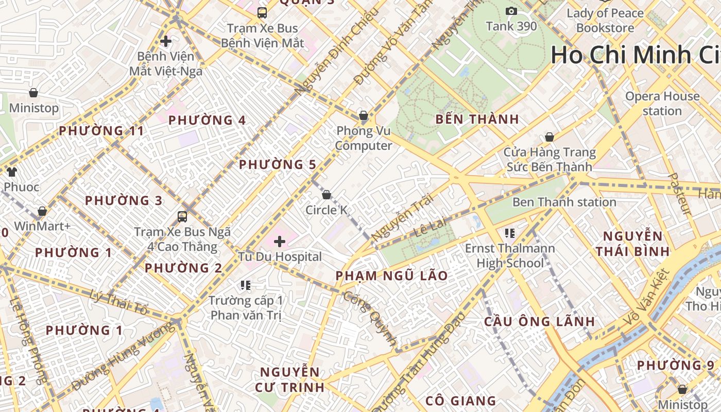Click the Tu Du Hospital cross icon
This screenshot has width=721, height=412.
280,241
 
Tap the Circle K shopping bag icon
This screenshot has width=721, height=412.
326,195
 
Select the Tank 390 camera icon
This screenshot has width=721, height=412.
511,11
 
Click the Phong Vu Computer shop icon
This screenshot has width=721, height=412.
364,115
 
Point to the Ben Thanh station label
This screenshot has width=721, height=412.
564,202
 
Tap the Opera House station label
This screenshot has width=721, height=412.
662,104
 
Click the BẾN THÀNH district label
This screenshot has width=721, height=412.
477,119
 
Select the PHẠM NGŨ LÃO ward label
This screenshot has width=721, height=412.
391,276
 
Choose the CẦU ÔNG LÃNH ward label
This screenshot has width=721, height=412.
539,321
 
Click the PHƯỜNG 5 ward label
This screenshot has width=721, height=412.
277,165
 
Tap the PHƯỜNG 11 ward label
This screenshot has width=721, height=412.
101,131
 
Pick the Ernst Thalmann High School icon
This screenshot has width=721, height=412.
510,233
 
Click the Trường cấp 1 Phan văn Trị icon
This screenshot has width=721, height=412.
246,285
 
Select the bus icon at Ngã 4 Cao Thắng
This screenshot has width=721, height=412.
182,217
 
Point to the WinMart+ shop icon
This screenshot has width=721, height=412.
42,211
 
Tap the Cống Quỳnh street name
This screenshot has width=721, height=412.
370,318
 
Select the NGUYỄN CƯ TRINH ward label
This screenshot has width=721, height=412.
289,379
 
